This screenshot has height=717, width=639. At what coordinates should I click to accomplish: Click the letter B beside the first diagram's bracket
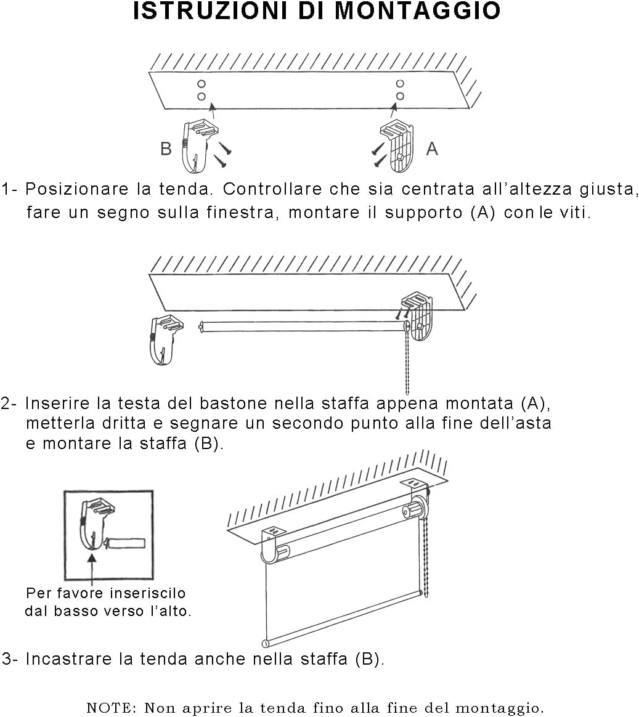(166, 148)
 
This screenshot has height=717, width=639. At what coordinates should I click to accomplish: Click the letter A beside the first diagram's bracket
(432, 148)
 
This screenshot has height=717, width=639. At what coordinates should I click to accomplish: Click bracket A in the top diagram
(397, 145)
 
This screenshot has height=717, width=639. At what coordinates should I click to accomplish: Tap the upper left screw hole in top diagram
(201, 84)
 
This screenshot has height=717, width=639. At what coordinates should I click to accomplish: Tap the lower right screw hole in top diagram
(400, 95)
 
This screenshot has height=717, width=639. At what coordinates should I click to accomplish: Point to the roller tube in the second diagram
(302, 326)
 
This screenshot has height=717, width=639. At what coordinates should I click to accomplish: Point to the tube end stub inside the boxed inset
(126, 543)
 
